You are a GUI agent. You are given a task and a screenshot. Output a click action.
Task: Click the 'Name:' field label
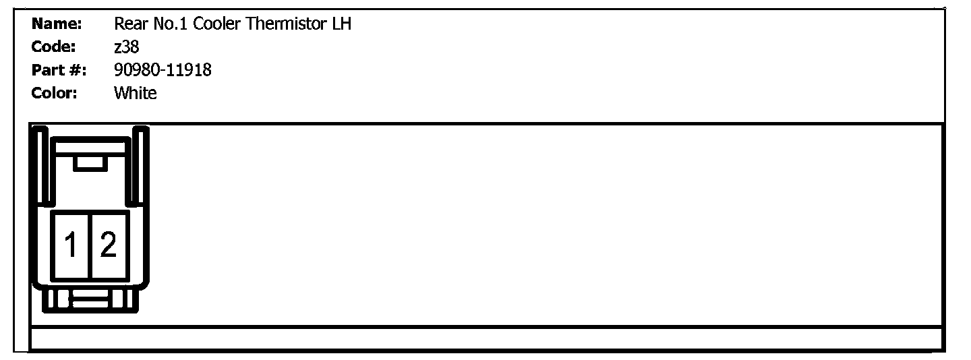coord(57,24)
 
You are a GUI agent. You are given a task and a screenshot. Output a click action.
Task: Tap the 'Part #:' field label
coord(59,70)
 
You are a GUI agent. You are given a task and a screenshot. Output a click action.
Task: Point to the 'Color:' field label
coord(54,93)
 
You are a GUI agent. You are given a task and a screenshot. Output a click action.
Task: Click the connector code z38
coord(126,47)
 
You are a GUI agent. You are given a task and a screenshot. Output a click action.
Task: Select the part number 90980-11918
coord(163,70)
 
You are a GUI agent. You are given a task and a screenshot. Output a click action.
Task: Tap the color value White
coord(135,93)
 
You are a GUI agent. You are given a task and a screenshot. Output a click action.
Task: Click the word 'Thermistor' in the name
coord(286,24)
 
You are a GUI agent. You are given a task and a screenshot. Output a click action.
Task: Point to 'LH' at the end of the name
coord(341,24)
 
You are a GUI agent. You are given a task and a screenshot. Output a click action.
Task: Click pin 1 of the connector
coord(70,245)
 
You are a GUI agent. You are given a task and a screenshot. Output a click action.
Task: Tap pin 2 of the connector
coord(108,245)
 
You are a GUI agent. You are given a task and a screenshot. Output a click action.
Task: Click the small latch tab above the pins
coord(89,162)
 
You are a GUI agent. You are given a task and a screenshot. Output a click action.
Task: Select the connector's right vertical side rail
coord(141,166)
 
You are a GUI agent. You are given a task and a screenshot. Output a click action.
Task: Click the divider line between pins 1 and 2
coord(90,245)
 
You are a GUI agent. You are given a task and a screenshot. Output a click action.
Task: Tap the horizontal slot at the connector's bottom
coord(91,299)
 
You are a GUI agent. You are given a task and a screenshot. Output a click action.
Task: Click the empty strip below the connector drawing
coord(486,338)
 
